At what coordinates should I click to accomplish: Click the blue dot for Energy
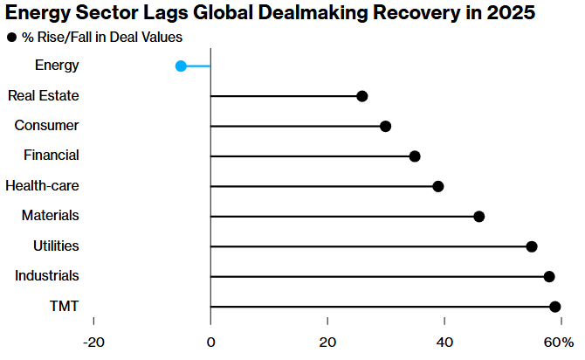click(x=181, y=66)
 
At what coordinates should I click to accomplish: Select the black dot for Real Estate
click(x=362, y=96)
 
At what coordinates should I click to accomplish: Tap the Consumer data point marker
click(x=385, y=126)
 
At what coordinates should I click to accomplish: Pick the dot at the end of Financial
click(x=415, y=156)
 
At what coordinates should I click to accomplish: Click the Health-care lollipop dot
click(x=438, y=186)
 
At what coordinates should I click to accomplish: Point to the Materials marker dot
click(x=478, y=216)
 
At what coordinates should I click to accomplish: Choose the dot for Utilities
click(x=532, y=246)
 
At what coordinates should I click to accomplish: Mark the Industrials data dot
click(x=549, y=276)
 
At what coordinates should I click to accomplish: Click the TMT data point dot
click(x=554, y=307)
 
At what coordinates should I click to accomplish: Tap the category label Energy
click(x=57, y=65)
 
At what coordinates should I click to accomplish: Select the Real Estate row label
click(x=43, y=95)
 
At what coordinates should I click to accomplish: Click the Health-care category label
click(x=42, y=185)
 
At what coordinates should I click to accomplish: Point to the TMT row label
click(x=65, y=306)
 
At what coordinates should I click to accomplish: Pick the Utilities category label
click(x=56, y=246)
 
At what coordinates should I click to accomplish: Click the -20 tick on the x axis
click(x=93, y=341)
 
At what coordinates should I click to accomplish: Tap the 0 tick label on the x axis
click(x=210, y=341)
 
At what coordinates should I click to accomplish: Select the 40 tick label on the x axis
click(x=444, y=341)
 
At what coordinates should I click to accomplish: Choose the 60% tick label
click(x=559, y=341)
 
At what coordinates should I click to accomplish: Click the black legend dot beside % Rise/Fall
click(x=12, y=38)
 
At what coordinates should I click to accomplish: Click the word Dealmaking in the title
click(x=317, y=15)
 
